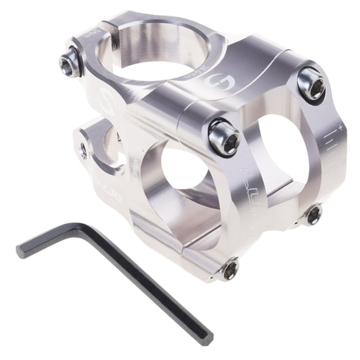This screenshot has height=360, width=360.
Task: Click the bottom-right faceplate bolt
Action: (313, 214)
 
